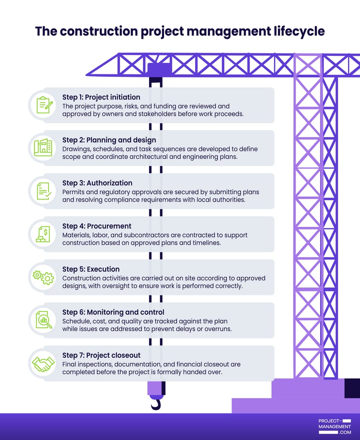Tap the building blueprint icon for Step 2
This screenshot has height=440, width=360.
pos(43,148)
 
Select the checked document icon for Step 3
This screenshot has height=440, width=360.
pos(43,191)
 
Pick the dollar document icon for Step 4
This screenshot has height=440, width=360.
pos(43,234)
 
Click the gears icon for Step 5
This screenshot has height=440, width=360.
pos(43,277)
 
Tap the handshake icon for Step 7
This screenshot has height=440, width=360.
pos(43,364)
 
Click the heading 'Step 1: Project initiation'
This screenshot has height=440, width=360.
pos(101,97)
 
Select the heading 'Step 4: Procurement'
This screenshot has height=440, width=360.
pos(97,226)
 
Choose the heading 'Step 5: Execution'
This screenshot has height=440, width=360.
pos(91,269)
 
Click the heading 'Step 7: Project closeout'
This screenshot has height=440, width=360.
pos(101,355)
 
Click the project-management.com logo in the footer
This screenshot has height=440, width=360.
pos(335,427)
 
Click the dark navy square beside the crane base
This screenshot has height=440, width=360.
pos(352,388)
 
